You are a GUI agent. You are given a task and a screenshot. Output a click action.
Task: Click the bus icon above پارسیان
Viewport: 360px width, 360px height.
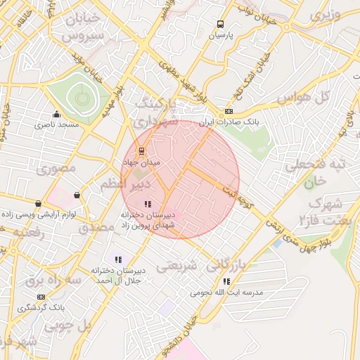(x=221, y=23)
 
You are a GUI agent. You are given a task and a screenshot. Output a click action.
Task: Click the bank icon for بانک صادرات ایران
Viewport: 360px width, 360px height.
(x=229, y=111)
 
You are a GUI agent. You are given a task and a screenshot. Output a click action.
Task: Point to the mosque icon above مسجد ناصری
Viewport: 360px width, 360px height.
(x=57, y=115)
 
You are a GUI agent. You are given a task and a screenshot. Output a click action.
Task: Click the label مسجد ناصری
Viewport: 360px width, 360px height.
(x=58, y=125)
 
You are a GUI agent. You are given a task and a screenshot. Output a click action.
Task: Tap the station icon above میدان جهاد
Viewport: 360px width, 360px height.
(x=141, y=151)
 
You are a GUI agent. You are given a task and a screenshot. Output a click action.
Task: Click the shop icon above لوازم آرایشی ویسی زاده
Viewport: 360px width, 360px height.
(x=77, y=195)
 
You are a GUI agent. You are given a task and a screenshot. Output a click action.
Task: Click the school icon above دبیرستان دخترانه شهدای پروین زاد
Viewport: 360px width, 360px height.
(x=146, y=204)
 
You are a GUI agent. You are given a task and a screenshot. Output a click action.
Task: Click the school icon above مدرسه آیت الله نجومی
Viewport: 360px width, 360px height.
(x=225, y=281)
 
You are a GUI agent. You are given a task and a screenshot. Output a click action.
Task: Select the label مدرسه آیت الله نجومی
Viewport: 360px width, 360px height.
(x=225, y=292)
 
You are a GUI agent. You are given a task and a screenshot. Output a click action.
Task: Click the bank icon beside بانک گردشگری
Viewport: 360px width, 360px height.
(x=41, y=297)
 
